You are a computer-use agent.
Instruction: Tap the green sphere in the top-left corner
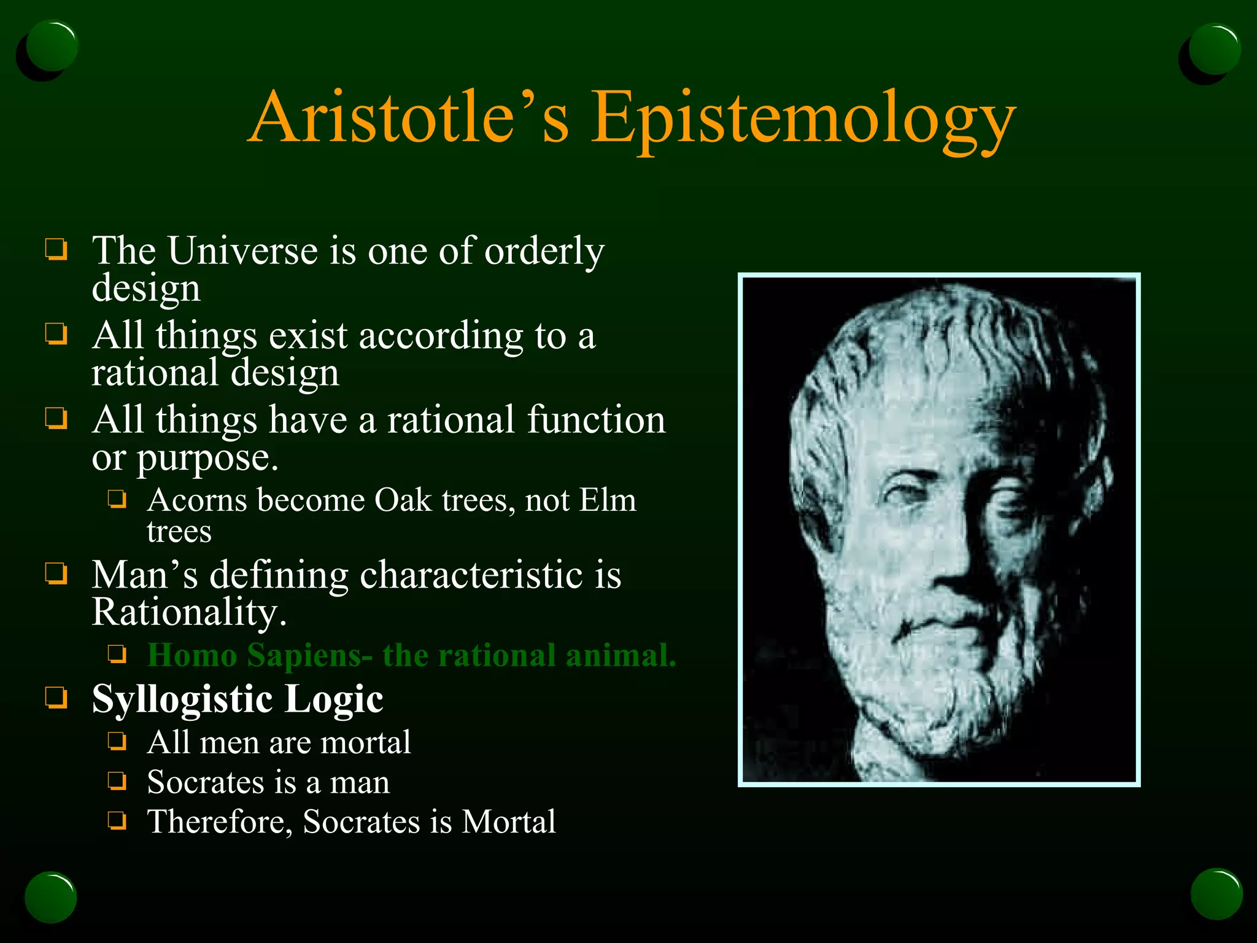coord(52,46)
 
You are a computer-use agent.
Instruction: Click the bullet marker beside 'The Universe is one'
coord(56,250)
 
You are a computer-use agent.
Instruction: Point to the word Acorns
coord(197,500)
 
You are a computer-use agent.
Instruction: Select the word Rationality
coord(189,612)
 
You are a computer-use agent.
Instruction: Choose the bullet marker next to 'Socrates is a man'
coord(117,781)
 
